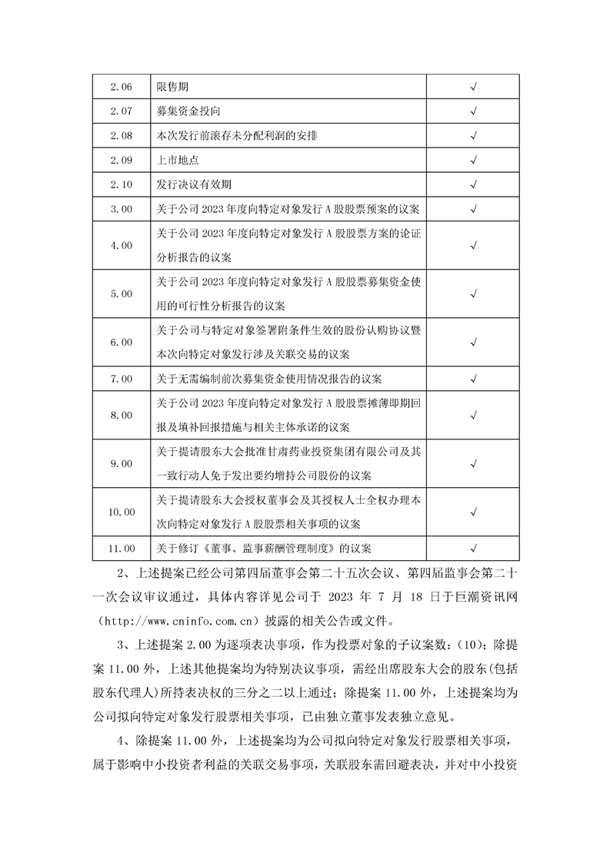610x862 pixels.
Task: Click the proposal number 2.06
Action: click(122, 86)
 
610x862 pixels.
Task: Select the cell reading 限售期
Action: click(171, 86)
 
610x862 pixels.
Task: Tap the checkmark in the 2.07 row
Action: click(473, 111)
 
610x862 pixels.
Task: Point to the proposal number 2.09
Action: click(122, 160)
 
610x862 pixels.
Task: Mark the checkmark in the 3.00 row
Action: click(473, 208)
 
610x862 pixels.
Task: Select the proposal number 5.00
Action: click(122, 293)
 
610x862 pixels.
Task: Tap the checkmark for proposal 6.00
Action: click(473, 342)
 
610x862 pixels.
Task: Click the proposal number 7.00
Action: click(122, 379)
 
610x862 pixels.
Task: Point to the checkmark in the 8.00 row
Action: click(473, 415)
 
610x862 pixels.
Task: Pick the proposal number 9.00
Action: click(122, 464)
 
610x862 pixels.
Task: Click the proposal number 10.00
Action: click(122, 512)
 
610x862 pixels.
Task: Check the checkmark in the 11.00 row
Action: click(473, 548)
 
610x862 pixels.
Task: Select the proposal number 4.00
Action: click(122, 245)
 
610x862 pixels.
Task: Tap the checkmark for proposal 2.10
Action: click(473, 184)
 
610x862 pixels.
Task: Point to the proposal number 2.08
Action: click(122, 135)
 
